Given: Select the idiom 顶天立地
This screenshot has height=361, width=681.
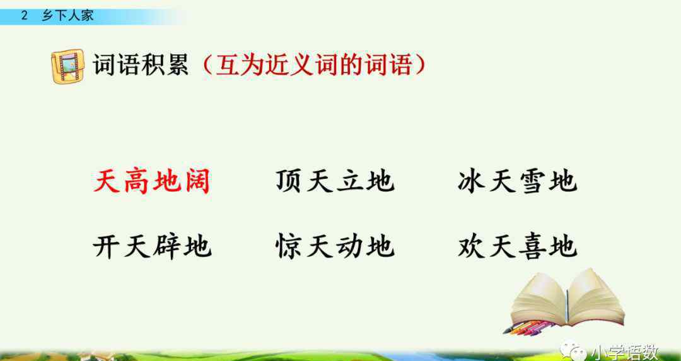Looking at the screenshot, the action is pyautogui.click(x=335, y=180).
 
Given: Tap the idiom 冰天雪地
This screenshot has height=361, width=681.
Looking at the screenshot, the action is pyautogui.click(x=517, y=180).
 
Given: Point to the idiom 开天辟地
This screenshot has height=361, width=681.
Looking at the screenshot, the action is pyautogui.click(x=153, y=246).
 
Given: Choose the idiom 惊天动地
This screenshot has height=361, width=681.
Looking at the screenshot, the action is pyautogui.click(x=335, y=246).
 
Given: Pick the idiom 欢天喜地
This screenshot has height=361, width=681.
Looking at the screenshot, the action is pyautogui.click(x=517, y=246).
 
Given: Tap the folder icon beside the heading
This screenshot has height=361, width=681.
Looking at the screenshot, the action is pyautogui.click(x=67, y=66).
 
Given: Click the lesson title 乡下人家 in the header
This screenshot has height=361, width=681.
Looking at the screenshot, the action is pyautogui.click(x=67, y=16).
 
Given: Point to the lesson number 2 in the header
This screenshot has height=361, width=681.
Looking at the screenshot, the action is pyautogui.click(x=25, y=16).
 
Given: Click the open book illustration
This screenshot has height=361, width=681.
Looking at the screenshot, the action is pyautogui.click(x=567, y=299).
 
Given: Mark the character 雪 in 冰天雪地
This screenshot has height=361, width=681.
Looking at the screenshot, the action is pyautogui.click(x=532, y=180).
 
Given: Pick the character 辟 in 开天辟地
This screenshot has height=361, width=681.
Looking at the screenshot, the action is pyautogui.click(x=167, y=246).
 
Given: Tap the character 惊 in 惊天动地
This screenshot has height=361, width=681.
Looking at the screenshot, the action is pyautogui.click(x=289, y=246).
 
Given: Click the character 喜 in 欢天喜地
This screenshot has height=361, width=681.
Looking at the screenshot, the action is pyautogui.click(x=532, y=246).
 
